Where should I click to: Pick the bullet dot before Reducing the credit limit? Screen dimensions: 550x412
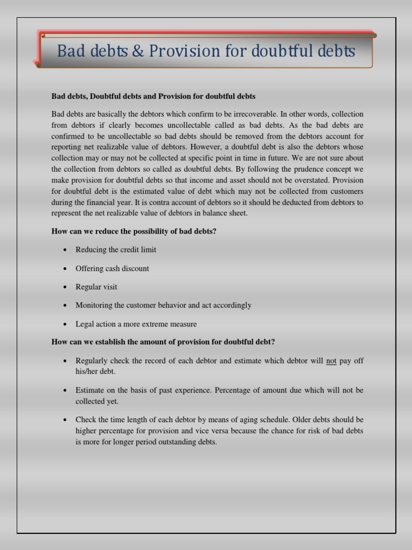64,250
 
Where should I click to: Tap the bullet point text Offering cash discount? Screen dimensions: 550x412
112,269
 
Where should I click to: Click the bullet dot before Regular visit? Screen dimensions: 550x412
64,287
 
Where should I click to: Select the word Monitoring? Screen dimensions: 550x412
94,305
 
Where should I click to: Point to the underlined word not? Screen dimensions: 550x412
331,361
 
